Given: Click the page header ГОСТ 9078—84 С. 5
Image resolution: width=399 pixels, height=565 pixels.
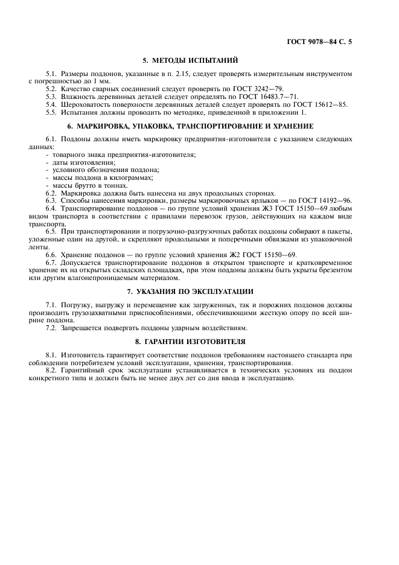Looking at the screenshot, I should pyautogui.click(x=320, y=42).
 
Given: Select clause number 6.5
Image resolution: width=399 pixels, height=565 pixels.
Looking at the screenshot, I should pyautogui.click(x=51, y=232).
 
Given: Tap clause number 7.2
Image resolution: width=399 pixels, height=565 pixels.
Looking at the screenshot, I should pyautogui.click(x=51, y=328).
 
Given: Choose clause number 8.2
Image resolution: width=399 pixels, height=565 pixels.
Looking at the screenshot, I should pyautogui.click(x=51, y=371).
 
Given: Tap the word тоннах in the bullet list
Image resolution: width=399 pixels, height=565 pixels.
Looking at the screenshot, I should pyautogui.click(x=107, y=185).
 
